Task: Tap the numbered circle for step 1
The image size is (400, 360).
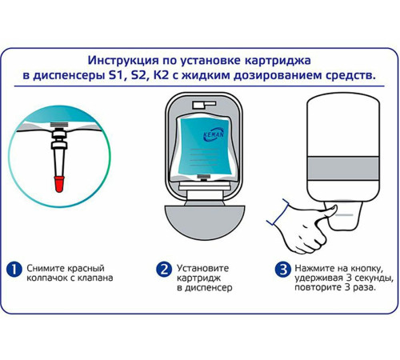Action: point(14,270)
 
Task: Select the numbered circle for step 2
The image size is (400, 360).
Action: point(164,270)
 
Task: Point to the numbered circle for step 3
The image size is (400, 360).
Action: point(281,270)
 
